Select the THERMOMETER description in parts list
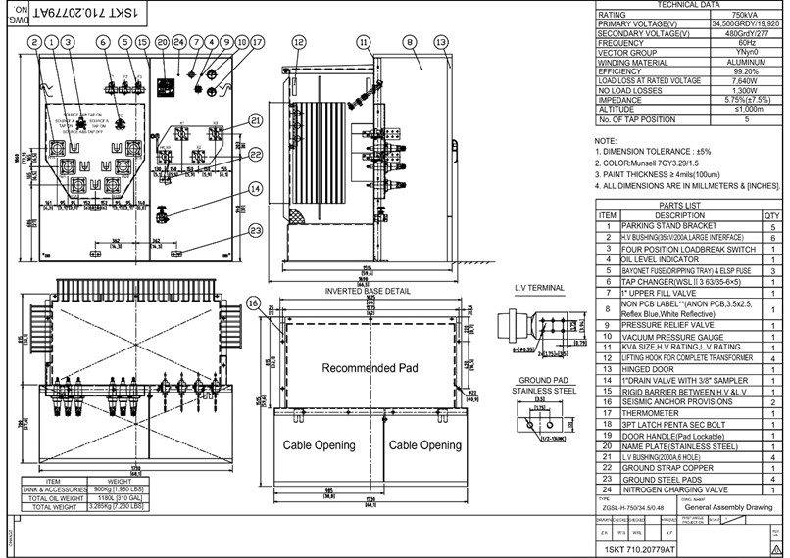(x=653, y=413)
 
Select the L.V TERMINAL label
(x=540, y=288)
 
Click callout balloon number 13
(x=441, y=42)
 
